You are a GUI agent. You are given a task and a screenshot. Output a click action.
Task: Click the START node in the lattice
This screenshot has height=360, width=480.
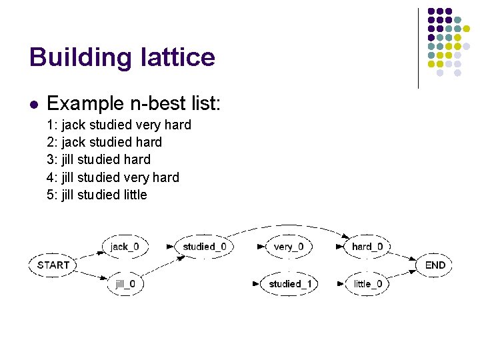[53, 265]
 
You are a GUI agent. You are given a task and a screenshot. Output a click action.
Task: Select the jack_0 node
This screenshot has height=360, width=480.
[124, 247]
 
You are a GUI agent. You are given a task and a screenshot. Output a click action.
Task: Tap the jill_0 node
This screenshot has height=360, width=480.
[125, 283]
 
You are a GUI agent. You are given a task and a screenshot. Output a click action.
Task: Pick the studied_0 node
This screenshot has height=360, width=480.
[204, 247]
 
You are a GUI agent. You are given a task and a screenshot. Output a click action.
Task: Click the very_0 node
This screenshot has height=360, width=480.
[288, 247]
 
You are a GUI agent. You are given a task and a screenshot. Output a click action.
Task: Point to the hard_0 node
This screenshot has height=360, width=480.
[367, 247]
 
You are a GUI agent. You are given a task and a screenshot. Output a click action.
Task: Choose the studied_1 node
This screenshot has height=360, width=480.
[289, 283]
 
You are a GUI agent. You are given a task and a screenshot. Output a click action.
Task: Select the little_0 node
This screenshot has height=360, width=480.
[367, 283]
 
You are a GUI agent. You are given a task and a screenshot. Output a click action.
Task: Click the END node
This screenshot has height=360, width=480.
[435, 265]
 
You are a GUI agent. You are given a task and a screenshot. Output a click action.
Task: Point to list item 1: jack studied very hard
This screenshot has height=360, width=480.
[119, 125]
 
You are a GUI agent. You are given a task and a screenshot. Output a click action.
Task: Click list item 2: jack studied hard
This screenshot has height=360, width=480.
[104, 142]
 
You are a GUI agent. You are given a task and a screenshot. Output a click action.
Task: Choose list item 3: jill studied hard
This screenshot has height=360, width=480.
[99, 159]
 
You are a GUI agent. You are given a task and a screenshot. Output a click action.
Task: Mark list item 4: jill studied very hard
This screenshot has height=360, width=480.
[113, 177]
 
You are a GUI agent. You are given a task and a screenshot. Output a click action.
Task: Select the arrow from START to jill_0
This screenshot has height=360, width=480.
[90, 275]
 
